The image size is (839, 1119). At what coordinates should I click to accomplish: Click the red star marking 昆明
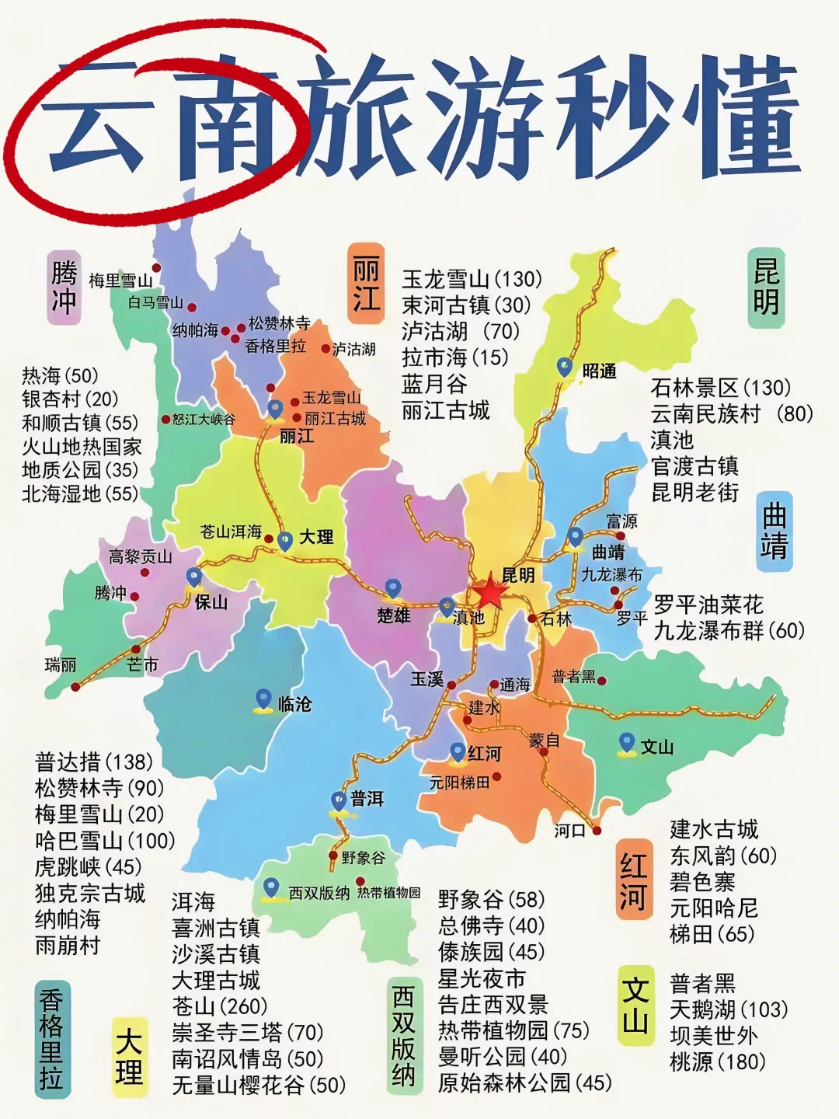pyautogui.click(x=490, y=594)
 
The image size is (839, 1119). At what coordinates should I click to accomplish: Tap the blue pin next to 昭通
pyautogui.click(x=565, y=367)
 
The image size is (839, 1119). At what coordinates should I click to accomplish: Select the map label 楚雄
pyautogui.click(x=393, y=615)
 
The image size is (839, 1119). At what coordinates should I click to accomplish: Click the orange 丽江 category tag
pyautogui.click(x=366, y=283)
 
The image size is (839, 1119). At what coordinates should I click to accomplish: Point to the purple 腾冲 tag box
pyautogui.click(x=64, y=286)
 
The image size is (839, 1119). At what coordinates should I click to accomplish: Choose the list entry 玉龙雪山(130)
pyautogui.click(x=472, y=278)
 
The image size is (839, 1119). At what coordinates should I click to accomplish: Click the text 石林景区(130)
pyautogui.click(x=720, y=387)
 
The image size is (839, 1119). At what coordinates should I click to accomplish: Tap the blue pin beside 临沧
pyautogui.click(x=263, y=700)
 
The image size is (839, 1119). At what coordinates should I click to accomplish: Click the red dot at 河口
pyautogui.click(x=597, y=830)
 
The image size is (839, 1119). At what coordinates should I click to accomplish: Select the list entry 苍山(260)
pyautogui.click(x=219, y=1006)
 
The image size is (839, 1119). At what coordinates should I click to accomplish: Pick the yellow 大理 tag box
pyautogui.click(x=129, y=1057)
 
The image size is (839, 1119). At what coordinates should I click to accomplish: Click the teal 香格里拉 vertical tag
pyautogui.click(x=50, y=1039)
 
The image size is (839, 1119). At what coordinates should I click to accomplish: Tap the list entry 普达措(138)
pyautogui.click(x=94, y=762)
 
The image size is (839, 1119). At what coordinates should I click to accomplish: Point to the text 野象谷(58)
pyautogui.click(x=491, y=899)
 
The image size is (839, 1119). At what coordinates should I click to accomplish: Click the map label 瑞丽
pyautogui.click(x=61, y=664)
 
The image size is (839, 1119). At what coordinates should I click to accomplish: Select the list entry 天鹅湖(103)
pyautogui.click(x=729, y=1009)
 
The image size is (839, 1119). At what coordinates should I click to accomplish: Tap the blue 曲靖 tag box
pyautogui.click(x=774, y=532)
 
